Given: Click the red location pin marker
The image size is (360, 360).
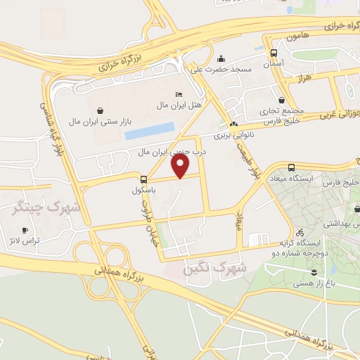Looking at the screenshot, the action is pyautogui.click(x=181, y=166).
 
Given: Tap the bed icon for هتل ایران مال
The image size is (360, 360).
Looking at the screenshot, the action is pyautogui.click(x=179, y=94).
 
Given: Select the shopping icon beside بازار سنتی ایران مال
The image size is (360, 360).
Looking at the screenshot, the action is pyautogui.click(x=103, y=110).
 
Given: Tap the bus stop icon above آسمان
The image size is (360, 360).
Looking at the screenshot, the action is pyautogui.click(x=274, y=52).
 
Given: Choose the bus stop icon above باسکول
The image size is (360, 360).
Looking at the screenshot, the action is pyautogui.click(x=143, y=179).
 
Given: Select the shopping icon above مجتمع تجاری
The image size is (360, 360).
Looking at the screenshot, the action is pyautogui.click(x=282, y=100).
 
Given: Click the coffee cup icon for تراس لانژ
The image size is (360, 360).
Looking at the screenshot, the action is pyautogui.click(x=25, y=230).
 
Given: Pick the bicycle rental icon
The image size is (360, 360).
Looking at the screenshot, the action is pyautogui.click(x=300, y=231).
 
